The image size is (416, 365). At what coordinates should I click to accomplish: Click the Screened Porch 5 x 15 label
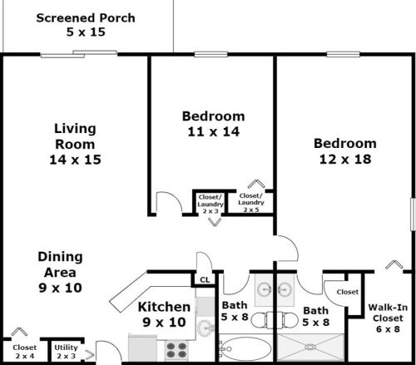[86, 25]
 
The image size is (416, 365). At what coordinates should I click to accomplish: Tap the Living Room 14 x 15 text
[77, 144]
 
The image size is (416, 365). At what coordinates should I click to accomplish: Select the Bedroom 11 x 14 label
[213, 122]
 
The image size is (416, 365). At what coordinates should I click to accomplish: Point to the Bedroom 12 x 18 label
[344, 150]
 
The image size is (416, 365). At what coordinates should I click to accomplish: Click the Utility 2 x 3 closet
[66, 351]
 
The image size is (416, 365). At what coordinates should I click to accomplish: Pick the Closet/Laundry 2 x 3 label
[210, 203]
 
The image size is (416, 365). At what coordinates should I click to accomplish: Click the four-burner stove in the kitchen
[177, 348]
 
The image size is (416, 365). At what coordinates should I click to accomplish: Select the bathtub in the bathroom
[246, 348]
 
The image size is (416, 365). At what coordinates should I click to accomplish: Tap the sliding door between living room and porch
[78, 54]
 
